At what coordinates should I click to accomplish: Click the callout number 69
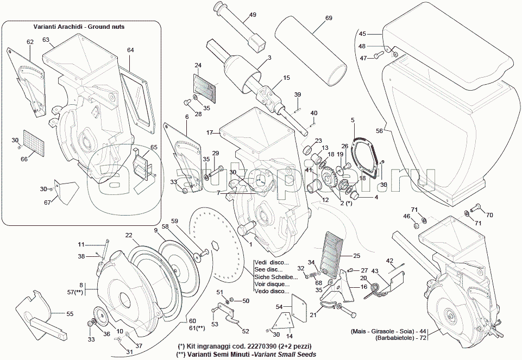coord(329,18)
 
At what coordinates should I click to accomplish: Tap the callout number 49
coord(253,15)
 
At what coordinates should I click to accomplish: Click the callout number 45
coord(362,34)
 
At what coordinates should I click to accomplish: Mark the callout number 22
coord(129,235)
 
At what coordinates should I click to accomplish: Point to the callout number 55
coord(70,314)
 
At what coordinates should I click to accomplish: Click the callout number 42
coord(389,261)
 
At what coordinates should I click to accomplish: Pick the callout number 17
coord(210,132)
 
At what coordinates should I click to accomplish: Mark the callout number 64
coord(130,50)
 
